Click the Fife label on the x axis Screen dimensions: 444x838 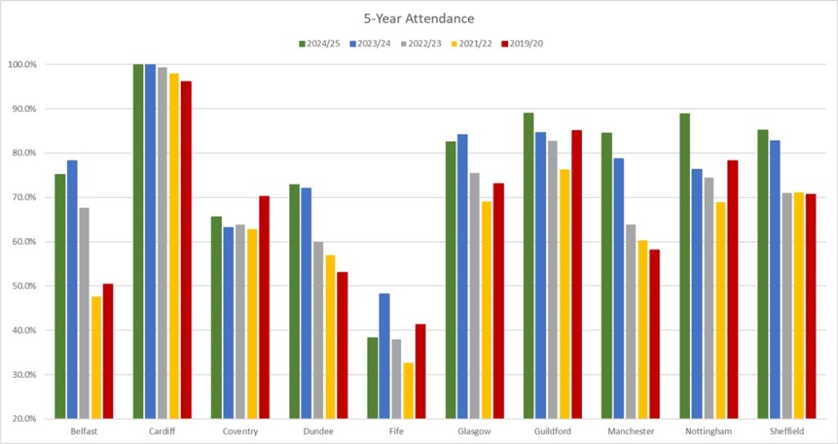coord(396,431)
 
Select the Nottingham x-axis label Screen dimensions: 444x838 coord(709,431)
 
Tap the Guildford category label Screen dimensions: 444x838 coord(552,431)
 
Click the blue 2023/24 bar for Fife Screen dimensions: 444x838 coord(384,356)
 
